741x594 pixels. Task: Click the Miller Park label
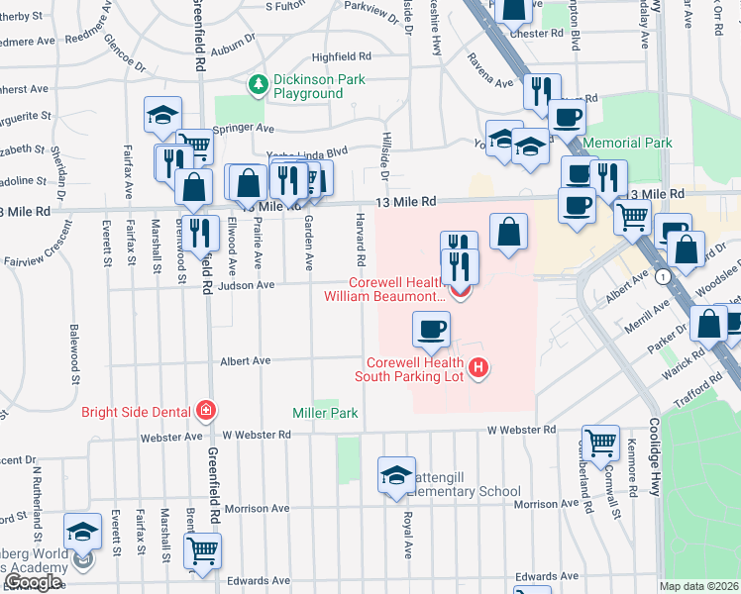tap(323, 411)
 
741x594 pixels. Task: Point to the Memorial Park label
tap(628, 144)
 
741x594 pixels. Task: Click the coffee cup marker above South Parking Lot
tap(431, 329)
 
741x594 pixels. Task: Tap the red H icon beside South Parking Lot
tap(479, 369)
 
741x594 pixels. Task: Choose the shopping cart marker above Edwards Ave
tap(202, 550)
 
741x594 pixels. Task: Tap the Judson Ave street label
tap(253, 285)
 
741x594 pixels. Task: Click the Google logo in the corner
tap(33, 582)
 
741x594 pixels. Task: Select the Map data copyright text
tap(699, 586)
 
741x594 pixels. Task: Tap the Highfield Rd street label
tap(341, 57)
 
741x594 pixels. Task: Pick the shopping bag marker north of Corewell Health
tap(508, 233)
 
